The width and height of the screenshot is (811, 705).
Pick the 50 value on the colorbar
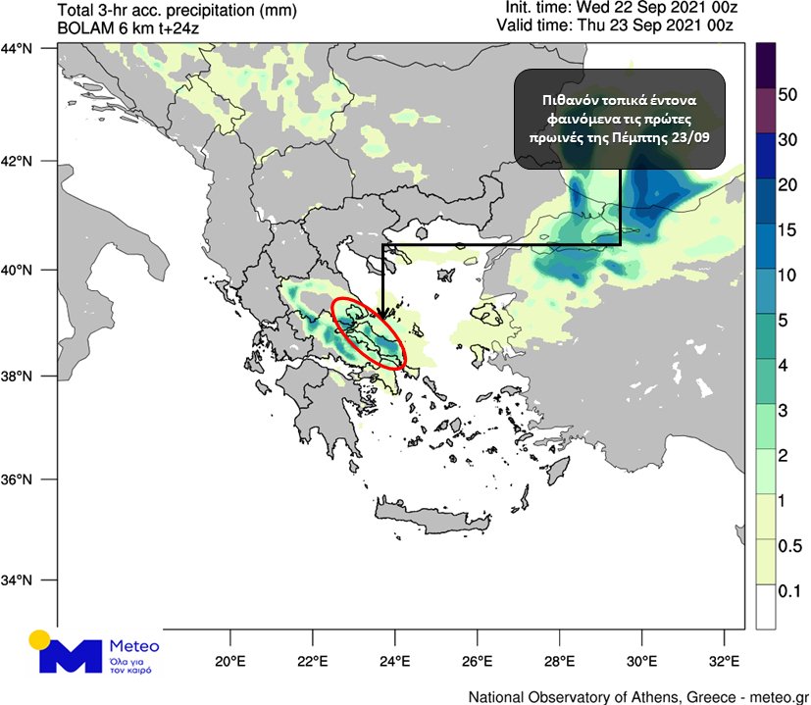coord(787,94)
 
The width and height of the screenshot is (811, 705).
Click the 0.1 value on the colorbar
coord(789,591)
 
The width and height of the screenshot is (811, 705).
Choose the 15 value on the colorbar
coord(787,232)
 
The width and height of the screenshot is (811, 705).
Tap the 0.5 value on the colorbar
coord(789,545)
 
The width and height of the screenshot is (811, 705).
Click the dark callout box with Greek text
coord(620,119)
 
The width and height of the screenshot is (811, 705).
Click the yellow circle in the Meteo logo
coord(40,640)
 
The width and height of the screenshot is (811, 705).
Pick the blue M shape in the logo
coord(70,656)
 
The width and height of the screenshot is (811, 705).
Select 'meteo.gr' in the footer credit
coord(774,696)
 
